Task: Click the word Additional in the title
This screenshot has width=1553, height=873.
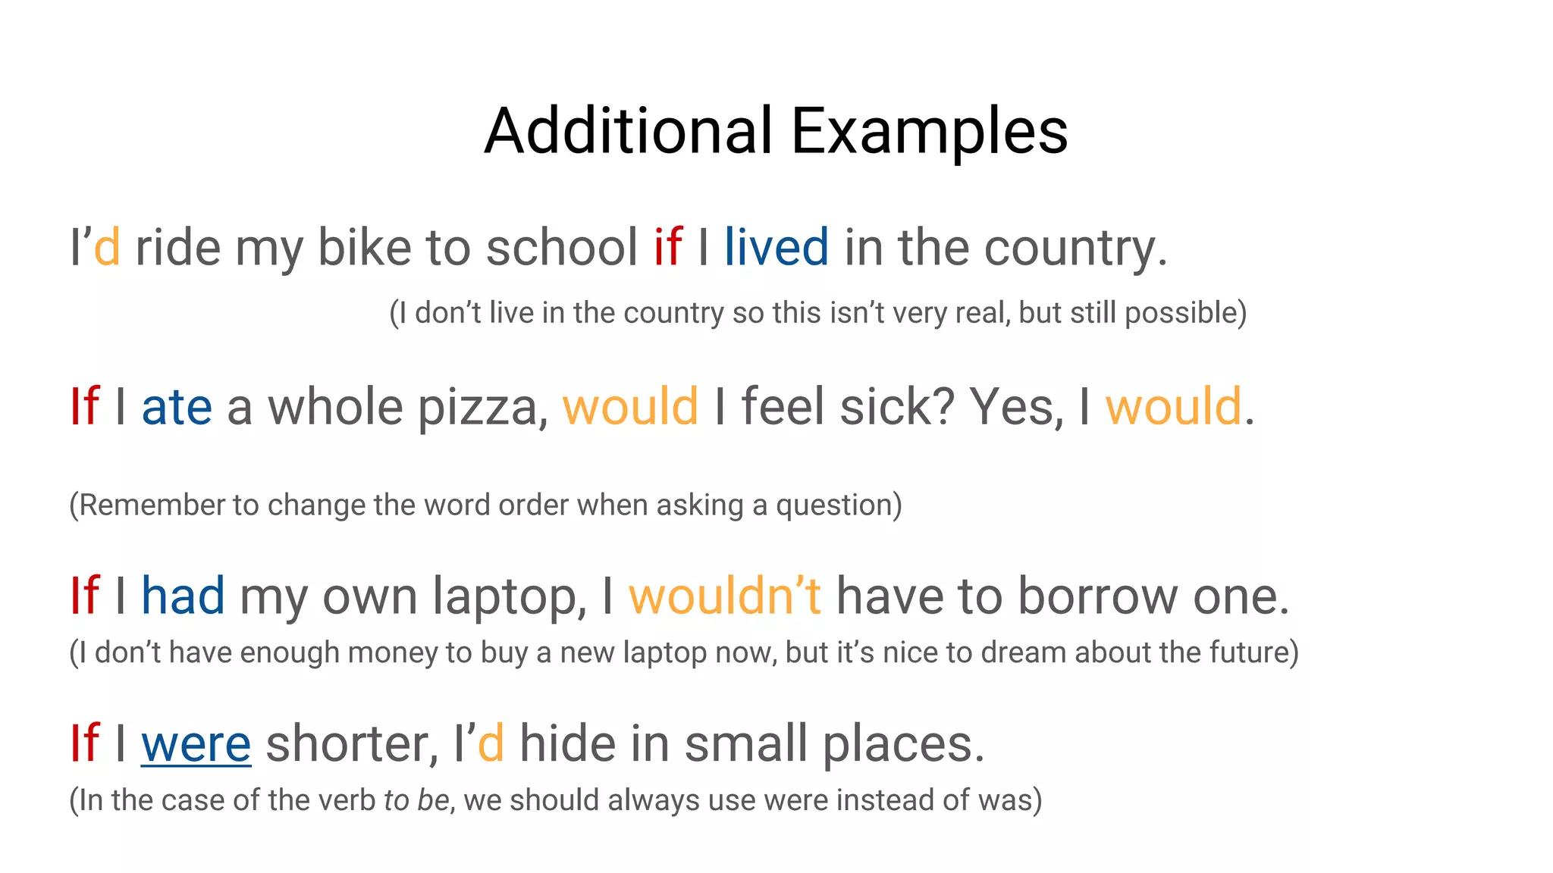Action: coord(629,131)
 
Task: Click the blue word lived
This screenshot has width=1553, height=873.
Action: coord(776,247)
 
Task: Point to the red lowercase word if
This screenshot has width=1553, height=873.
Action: coord(667,247)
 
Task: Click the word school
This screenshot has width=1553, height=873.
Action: coord(561,247)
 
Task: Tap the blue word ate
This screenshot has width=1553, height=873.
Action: coord(177,407)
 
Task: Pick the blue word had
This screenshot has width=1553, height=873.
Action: coord(183,596)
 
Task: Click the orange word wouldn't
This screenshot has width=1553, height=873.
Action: coord(724,596)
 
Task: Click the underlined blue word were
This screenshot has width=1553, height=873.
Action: coord(196,744)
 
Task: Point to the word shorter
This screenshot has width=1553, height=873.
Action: coord(352,744)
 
